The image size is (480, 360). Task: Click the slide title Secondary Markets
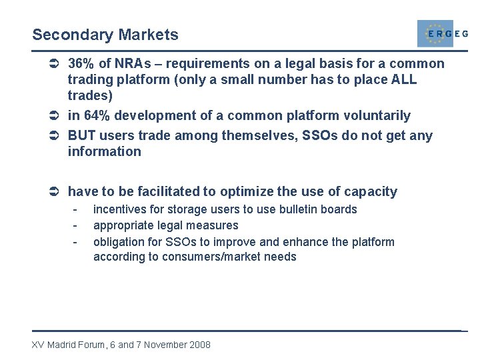click(x=105, y=35)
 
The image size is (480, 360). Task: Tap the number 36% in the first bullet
click(x=82, y=64)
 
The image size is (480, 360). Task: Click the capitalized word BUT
click(x=82, y=136)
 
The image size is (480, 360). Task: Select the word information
click(x=105, y=152)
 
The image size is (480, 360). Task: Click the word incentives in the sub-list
click(x=118, y=209)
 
